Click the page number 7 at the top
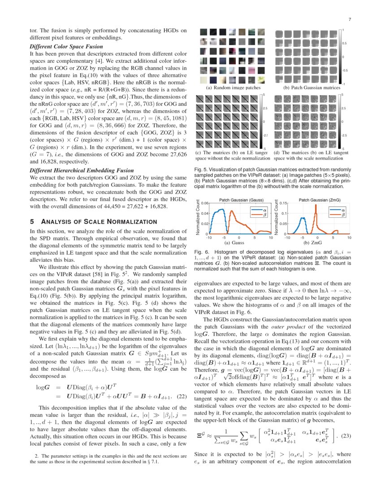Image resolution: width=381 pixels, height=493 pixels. coord(349,19)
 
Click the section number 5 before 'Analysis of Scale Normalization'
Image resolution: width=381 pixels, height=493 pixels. coord(31,221)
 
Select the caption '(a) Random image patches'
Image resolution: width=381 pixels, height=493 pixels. coord(233,88)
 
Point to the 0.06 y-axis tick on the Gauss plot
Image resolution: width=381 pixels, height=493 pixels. coord(203,203)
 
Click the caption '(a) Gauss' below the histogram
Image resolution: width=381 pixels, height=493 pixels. coord(234,242)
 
